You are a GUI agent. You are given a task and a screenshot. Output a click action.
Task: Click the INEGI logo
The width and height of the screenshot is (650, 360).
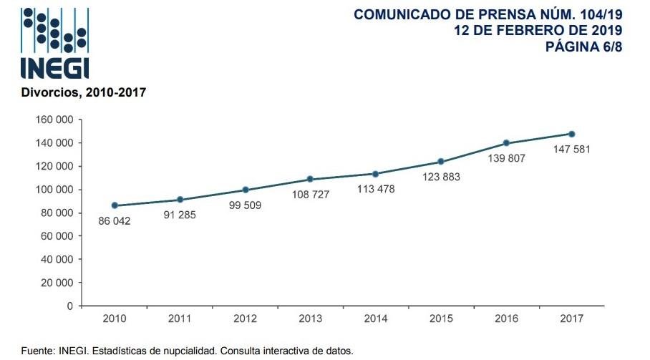click(x=55, y=43)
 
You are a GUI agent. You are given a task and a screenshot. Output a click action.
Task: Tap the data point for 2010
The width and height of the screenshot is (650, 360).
click(x=115, y=205)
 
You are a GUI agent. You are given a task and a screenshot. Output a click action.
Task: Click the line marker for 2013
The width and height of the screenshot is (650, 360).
click(x=310, y=179)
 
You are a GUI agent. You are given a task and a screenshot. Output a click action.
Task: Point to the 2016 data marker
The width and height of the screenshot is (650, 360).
click(x=506, y=143)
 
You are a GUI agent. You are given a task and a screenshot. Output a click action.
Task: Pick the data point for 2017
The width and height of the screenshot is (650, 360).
click(x=572, y=134)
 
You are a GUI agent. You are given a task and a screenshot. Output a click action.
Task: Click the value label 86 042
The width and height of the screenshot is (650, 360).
click(x=115, y=221)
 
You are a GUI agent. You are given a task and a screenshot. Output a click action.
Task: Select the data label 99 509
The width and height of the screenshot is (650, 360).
click(x=246, y=205)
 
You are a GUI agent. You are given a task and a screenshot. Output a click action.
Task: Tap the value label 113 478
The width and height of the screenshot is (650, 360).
click(x=376, y=189)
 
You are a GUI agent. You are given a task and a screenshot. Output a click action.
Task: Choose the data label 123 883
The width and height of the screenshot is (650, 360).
click(x=441, y=177)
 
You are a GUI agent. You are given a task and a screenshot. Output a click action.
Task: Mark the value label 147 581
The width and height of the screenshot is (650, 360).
click(x=571, y=150)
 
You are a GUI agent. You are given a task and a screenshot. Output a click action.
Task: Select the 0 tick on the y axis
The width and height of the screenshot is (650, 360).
click(x=69, y=306)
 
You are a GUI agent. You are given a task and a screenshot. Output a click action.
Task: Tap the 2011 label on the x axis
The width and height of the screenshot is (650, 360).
click(x=180, y=318)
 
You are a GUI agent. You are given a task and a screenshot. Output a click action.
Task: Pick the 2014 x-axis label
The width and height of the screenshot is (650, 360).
click(x=376, y=318)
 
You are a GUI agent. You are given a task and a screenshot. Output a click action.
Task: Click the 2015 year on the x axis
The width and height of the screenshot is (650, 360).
click(x=441, y=318)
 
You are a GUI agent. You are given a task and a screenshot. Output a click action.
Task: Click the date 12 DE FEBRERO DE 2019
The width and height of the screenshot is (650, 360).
click(x=538, y=30)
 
